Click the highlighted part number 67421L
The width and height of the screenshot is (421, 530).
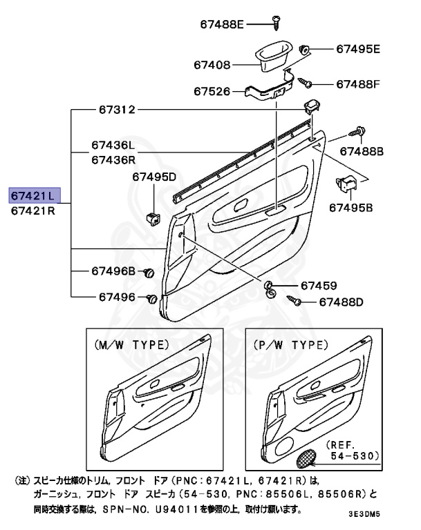(x=35, y=195)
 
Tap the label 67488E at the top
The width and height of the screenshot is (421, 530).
(x=218, y=24)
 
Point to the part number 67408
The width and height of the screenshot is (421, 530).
(x=213, y=64)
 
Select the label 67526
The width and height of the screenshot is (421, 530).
(x=213, y=90)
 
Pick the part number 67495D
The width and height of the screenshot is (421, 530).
(x=155, y=177)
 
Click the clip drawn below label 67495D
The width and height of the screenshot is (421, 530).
(x=153, y=217)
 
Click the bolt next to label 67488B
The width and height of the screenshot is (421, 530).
(x=358, y=130)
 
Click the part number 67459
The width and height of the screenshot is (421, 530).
(x=319, y=285)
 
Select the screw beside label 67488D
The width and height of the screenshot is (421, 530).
(x=294, y=302)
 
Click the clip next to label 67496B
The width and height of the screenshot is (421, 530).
(x=148, y=274)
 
